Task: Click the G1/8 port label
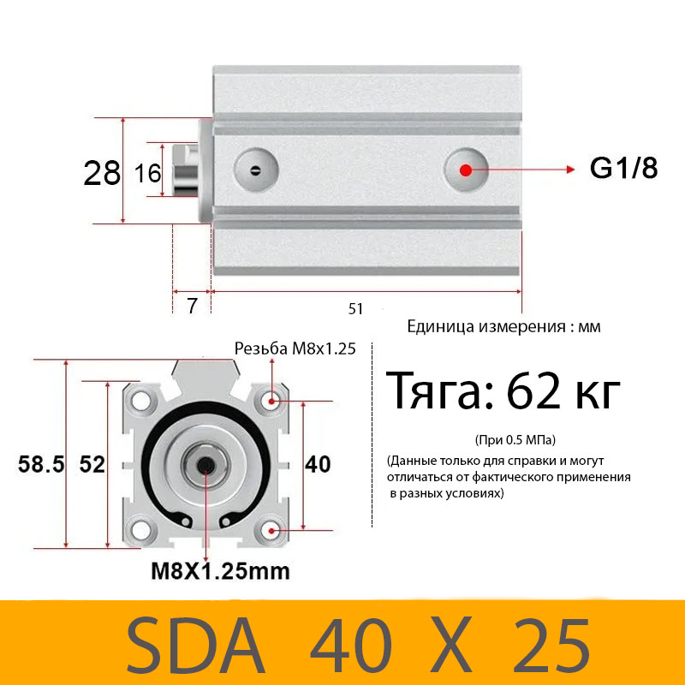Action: [622, 169]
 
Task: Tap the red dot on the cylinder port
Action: [466, 170]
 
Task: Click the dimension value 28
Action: [102, 174]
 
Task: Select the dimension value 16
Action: [148, 174]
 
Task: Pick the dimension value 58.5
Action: [42, 465]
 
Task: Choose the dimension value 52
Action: [92, 465]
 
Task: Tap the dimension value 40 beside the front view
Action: [318, 464]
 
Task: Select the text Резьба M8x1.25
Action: [295, 348]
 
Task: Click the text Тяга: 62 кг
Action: [503, 393]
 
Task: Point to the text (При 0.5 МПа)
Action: [515, 440]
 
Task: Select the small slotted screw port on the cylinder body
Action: [255, 169]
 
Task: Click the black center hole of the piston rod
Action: [206, 465]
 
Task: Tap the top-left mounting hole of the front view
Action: [141, 400]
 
